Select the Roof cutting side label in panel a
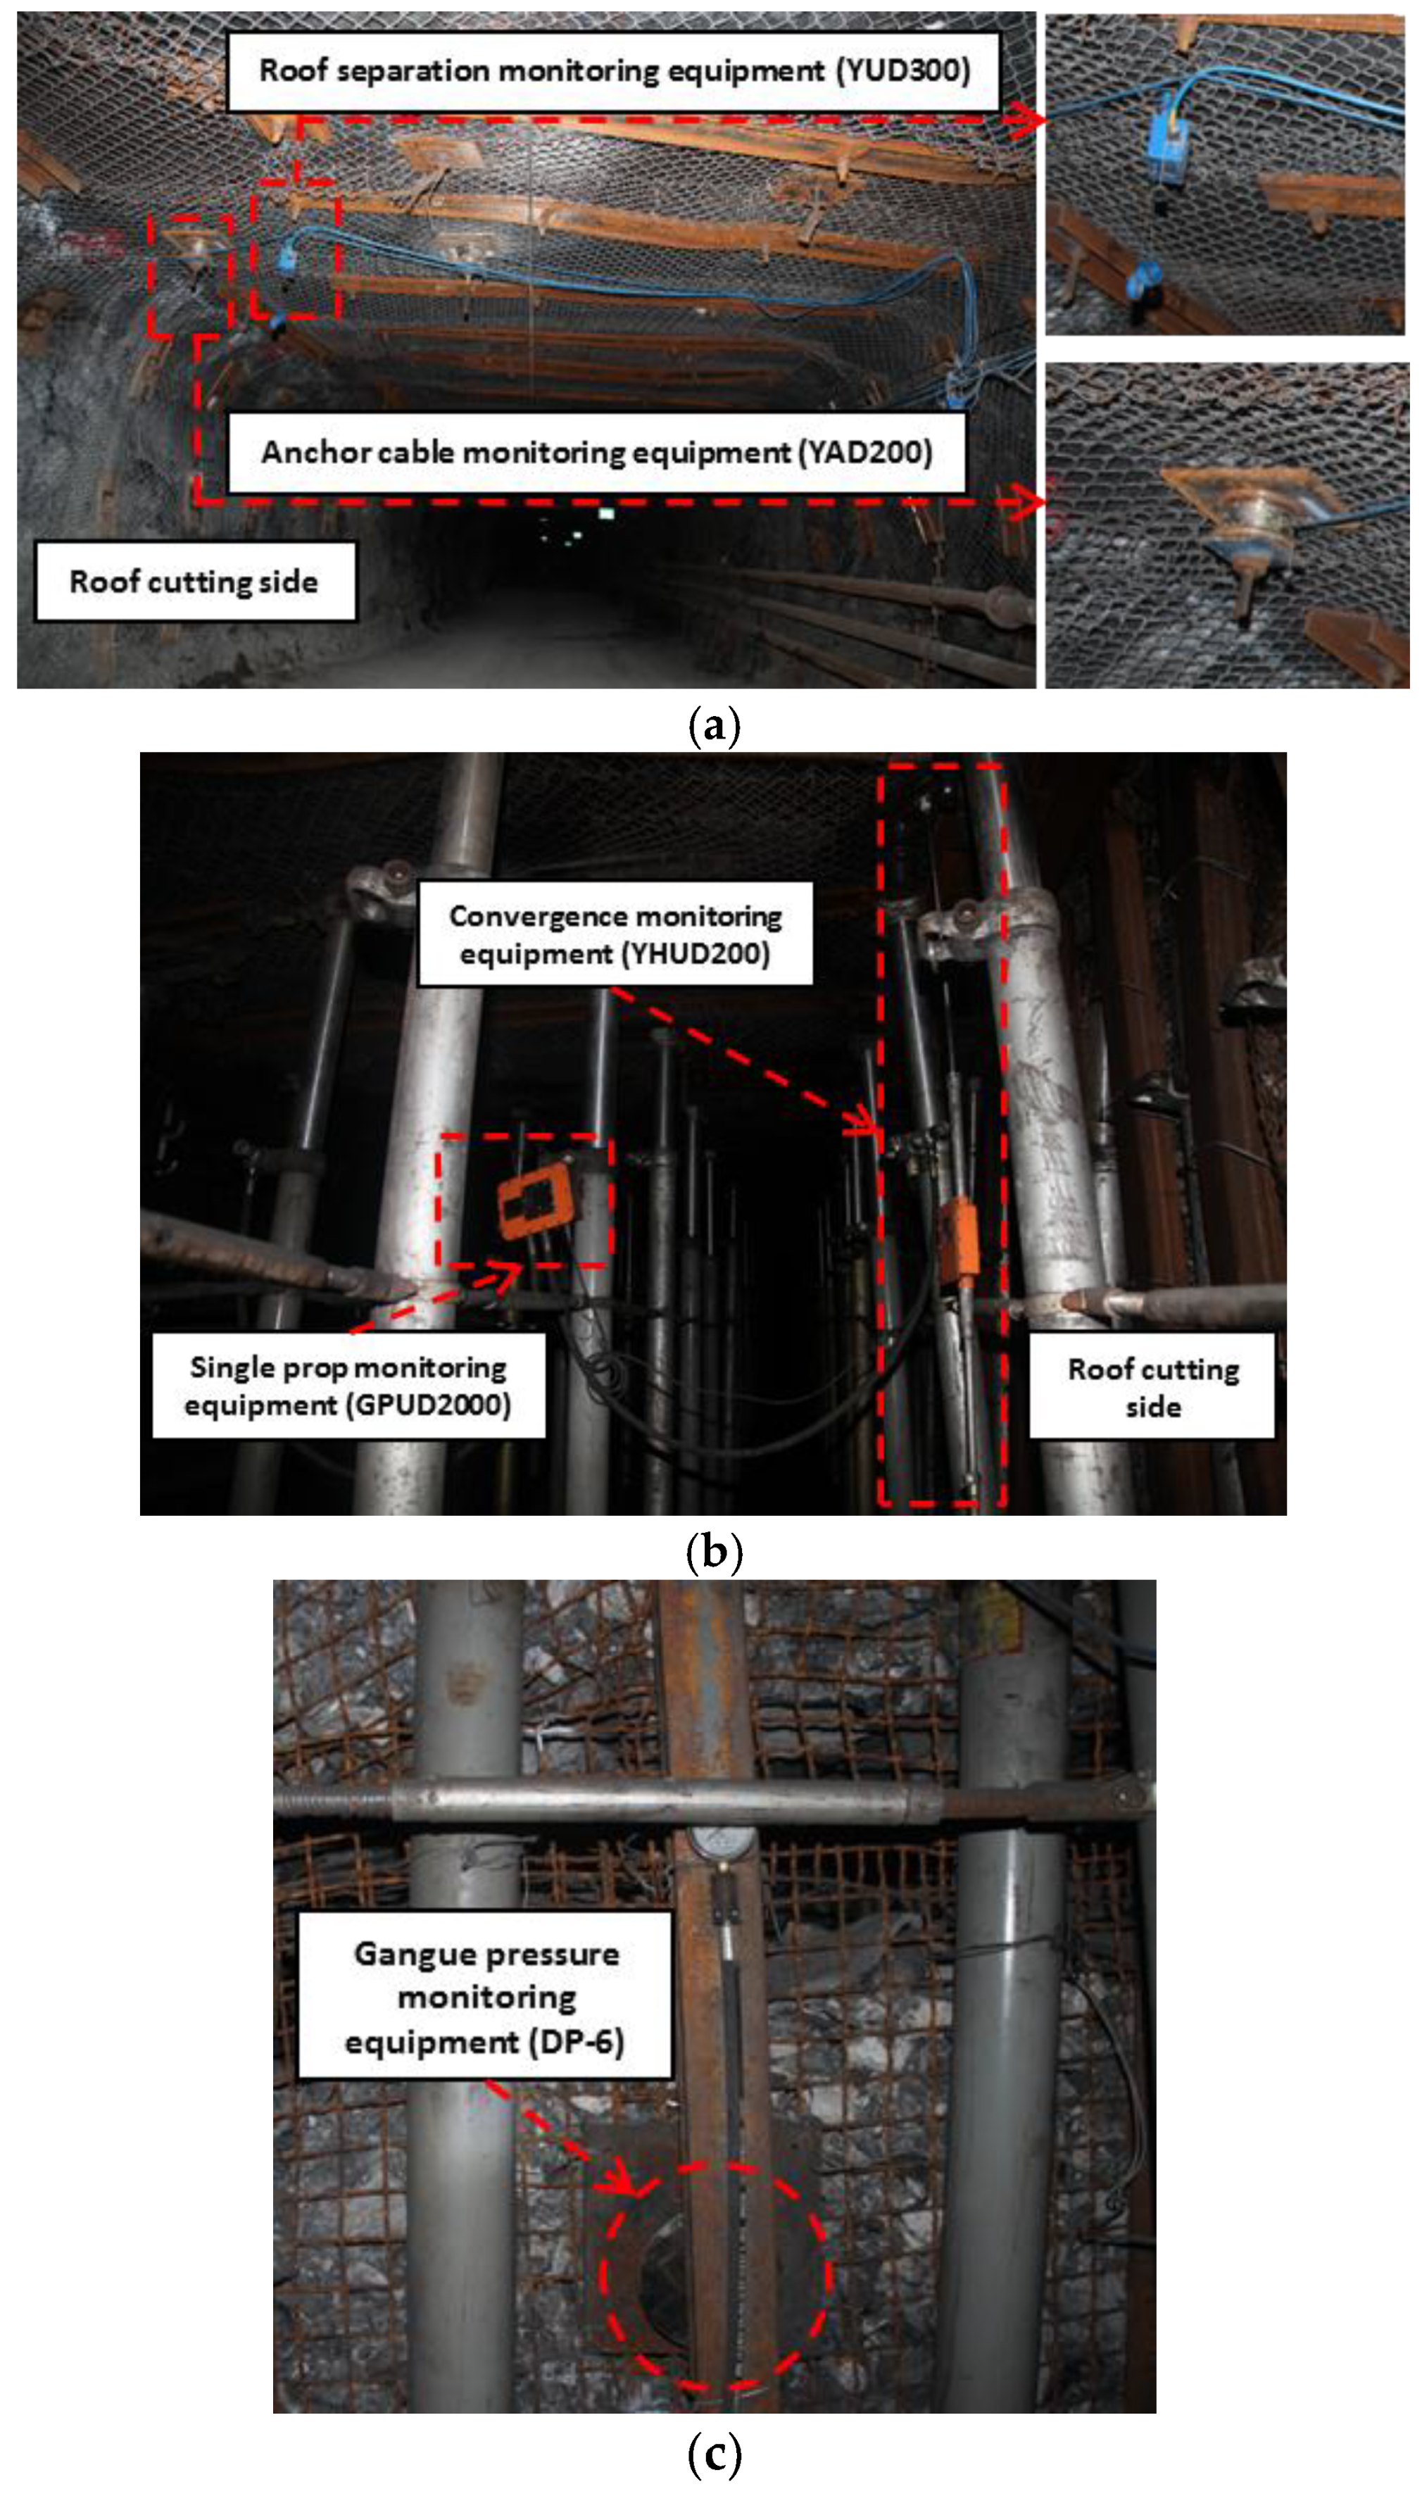(194, 582)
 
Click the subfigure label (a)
(714, 727)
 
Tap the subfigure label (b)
(714, 1552)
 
